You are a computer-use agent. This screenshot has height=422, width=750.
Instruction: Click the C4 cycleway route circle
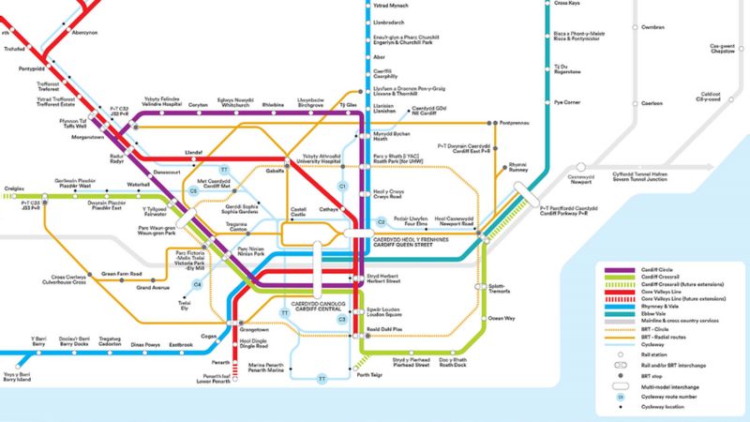tap(197, 284)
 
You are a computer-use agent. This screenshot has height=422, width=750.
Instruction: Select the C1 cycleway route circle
tap(342, 188)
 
